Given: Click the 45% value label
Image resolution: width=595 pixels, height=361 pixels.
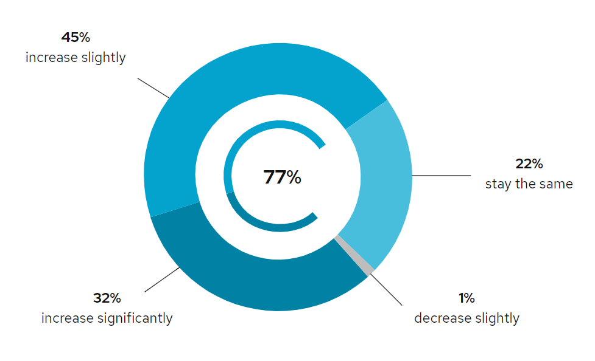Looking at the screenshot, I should [x=76, y=38].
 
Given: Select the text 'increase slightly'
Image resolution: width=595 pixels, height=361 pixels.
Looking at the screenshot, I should [x=76, y=58].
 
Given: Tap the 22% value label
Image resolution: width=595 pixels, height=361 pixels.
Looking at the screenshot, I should [x=529, y=164].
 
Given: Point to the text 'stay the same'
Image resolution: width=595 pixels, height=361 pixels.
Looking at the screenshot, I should [x=529, y=184].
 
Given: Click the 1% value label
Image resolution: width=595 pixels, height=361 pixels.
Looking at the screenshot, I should [x=466, y=298].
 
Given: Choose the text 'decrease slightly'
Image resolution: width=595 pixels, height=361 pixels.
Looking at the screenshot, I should [x=466, y=318].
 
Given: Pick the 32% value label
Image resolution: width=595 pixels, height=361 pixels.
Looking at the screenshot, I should [x=107, y=298].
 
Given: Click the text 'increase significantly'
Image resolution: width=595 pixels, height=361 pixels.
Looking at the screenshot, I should [x=107, y=318].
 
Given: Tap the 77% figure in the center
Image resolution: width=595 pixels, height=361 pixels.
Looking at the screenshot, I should [x=282, y=177].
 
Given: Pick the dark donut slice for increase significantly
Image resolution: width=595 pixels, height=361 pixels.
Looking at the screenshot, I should [x=256, y=280].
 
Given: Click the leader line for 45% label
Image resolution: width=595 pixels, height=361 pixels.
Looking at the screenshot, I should [x=153, y=88].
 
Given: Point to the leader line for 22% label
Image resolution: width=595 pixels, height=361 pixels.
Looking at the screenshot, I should [x=442, y=176].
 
